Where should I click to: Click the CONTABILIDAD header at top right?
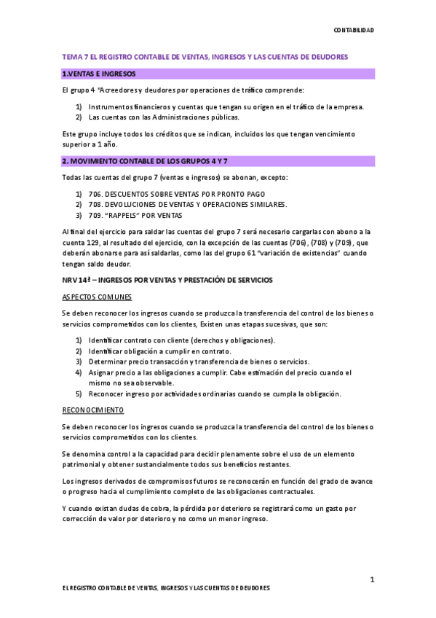click(354, 30)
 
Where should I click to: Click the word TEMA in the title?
click(71, 56)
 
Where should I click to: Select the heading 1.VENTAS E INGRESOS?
click(99, 74)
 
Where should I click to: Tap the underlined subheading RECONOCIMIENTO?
click(93, 410)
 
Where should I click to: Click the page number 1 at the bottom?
click(371, 579)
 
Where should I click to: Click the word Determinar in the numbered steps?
click(111, 361)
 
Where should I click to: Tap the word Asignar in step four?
click(103, 372)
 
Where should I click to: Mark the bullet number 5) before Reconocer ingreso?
click(79, 394)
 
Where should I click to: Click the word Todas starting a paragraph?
click(74, 177)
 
